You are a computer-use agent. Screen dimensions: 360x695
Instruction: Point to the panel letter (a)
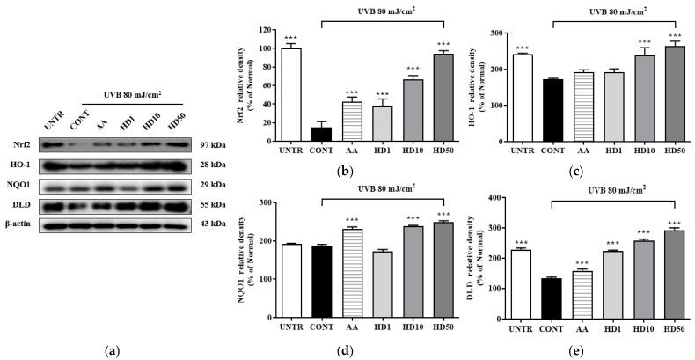112,351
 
